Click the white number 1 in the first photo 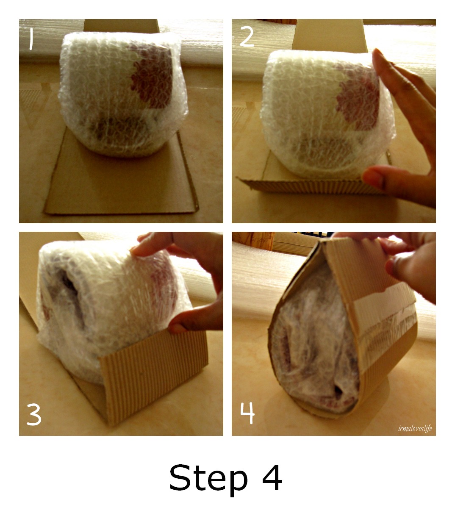[x=31, y=39]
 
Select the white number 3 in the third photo [x=34, y=414]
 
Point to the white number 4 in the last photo [x=247, y=413]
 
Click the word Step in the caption [x=208, y=477]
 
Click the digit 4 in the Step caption [x=272, y=477]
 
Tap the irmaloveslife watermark [x=415, y=428]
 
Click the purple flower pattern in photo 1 [x=152, y=75]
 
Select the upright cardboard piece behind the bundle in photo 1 [x=122, y=26]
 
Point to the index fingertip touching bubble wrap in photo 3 [x=136, y=251]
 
